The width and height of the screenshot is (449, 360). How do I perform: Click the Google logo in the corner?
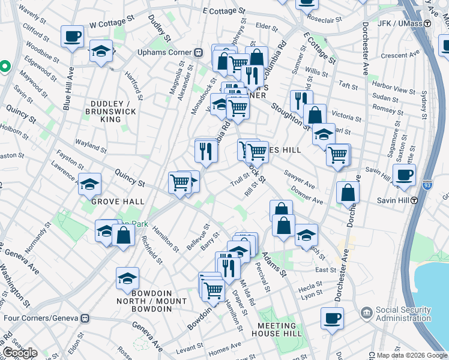point(20,353)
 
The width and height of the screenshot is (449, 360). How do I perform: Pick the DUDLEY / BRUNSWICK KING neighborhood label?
point(110,112)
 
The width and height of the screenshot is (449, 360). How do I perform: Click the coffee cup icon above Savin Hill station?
point(404,175)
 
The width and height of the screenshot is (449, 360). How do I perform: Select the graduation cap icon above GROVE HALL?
point(89,184)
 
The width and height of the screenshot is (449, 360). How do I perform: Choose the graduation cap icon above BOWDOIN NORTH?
point(127,278)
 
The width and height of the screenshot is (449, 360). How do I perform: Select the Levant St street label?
point(190,348)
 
